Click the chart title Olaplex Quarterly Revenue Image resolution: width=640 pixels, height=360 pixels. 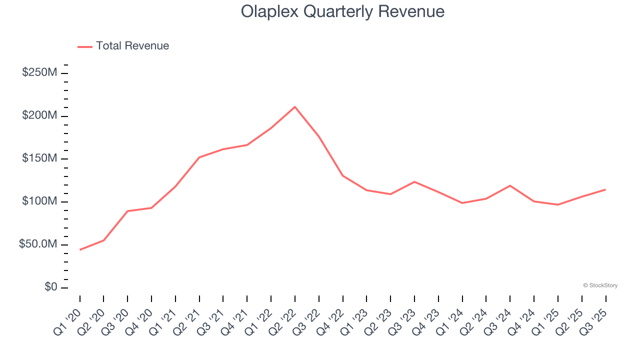[342, 11]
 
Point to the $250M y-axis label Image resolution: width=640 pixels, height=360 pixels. [39, 72]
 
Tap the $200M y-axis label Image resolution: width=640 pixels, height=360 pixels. [39, 115]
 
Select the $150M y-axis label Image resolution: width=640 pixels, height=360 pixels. [39, 158]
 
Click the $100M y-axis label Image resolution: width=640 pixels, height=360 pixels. [39, 201]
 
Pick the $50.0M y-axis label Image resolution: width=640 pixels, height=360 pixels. [38, 244]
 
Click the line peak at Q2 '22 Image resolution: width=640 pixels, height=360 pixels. [295, 106]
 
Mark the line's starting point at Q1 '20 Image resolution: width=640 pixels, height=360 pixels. [80, 249]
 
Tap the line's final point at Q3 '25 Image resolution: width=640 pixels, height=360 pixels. [605, 189]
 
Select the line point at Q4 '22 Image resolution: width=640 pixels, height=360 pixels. [343, 175]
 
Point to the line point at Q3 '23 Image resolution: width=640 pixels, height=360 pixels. [414, 181]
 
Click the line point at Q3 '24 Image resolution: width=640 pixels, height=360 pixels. [510, 185]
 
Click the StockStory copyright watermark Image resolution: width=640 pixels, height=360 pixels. [600, 285]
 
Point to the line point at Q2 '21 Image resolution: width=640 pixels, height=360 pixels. [199, 157]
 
